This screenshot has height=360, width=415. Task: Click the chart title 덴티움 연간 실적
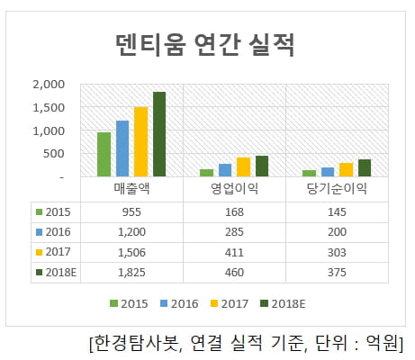pyautogui.click(x=206, y=43)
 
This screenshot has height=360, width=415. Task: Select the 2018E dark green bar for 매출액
pyautogui.click(x=159, y=135)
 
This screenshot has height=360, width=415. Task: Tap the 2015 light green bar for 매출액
pyautogui.click(x=104, y=155)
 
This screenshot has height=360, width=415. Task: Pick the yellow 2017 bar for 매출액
pyautogui.click(x=140, y=142)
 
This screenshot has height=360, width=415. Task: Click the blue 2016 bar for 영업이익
pyautogui.click(x=225, y=170)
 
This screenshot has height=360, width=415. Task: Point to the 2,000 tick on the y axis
pyautogui.click(x=48, y=85)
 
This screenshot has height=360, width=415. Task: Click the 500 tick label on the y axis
pyautogui.click(x=53, y=154)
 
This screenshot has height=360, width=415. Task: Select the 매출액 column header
pyautogui.click(x=131, y=191)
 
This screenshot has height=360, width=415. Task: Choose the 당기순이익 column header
pyautogui.click(x=337, y=191)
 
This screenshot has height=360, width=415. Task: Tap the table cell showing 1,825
pyautogui.click(x=131, y=272)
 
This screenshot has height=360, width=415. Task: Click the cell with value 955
pyautogui.click(x=131, y=212)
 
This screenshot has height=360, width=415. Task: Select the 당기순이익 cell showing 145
pyautogui.click(x=337, y=212)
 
